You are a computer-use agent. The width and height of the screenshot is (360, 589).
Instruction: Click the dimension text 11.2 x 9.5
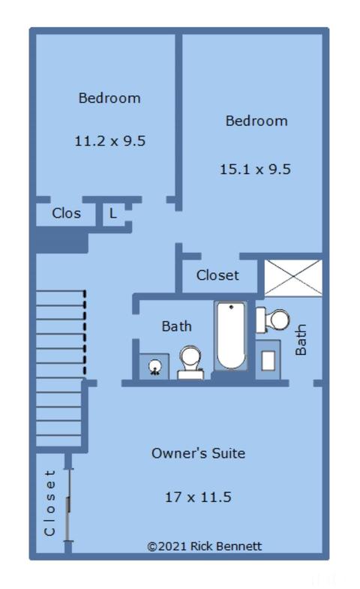coord(110,141)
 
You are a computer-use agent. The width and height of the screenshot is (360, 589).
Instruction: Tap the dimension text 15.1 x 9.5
coord(255,169)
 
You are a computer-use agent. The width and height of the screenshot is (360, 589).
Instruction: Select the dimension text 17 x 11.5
coord(198,497)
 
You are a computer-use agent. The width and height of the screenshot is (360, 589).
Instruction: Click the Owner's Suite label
coord(198,453)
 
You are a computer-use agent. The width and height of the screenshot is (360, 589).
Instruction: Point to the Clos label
coord(67,213)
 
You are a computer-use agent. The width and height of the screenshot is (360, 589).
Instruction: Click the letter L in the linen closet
coord(112,213)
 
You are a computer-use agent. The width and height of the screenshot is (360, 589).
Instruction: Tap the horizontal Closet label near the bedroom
coord(217,275)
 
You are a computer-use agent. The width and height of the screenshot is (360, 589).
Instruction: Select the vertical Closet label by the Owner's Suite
coord(50,503)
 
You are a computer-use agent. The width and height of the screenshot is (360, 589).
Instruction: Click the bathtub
coord(230,336)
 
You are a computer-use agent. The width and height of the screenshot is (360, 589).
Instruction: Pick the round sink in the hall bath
coord(154,366)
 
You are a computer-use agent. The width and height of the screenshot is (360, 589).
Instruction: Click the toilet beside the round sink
coord(190,363)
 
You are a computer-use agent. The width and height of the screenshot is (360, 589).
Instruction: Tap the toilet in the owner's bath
coord(273,320)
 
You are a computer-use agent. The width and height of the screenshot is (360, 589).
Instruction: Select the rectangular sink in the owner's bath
coord(268,360)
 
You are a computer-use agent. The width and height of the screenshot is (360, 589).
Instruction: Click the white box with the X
coord(293,278)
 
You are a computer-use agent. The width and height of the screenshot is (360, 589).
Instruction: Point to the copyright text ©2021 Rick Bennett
coord(205,546)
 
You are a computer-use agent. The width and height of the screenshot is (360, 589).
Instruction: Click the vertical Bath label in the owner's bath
coord(301,340)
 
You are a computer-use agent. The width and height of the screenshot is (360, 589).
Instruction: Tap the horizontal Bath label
coord(176,326)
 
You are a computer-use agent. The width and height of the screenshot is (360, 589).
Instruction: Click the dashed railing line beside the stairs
coord(85,333)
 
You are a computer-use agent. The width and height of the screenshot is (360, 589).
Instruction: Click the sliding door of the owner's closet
coord(68,504)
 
